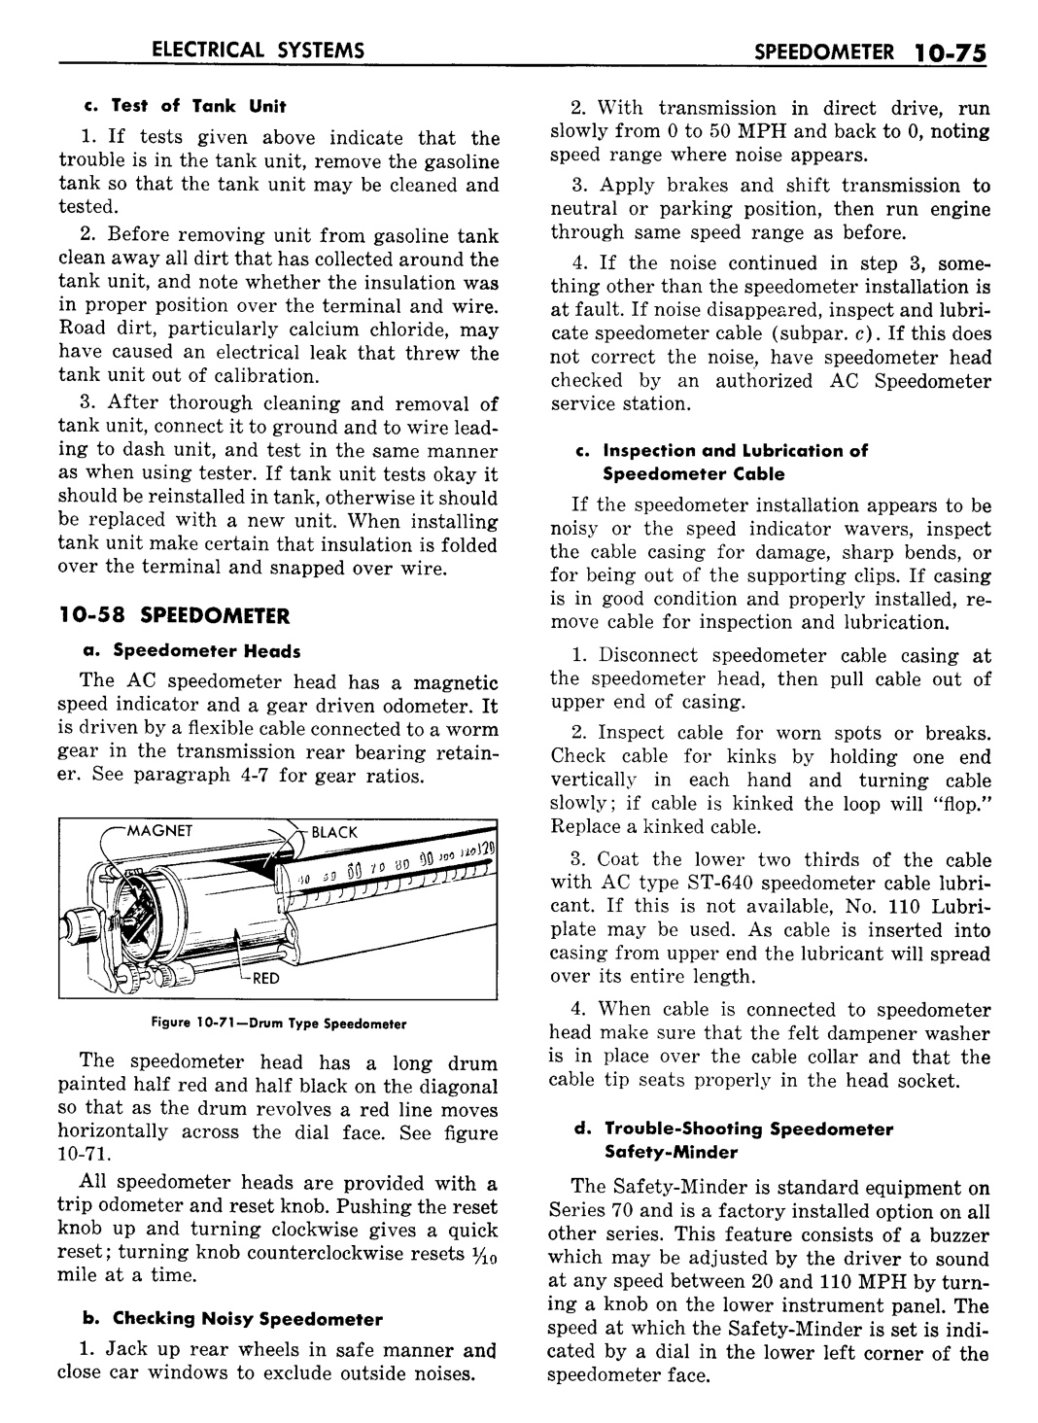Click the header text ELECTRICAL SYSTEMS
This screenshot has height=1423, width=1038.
click(249, 49)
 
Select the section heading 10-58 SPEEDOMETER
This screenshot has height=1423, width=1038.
click(174, 616)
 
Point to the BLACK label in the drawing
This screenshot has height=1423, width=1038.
click(334, 832)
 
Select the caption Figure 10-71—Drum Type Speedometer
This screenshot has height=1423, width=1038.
click(278, 1024)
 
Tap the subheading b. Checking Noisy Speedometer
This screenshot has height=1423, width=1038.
click(233, 1319)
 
